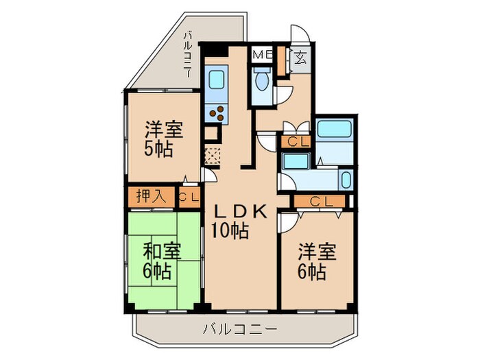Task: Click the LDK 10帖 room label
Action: click(237, 221)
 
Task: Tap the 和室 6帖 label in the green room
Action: click(162, 261)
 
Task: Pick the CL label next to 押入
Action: click(189, 197)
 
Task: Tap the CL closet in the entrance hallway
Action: click(296, 142)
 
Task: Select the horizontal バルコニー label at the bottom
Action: click(240, 329)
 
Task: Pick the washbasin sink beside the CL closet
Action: click(296, 162)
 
